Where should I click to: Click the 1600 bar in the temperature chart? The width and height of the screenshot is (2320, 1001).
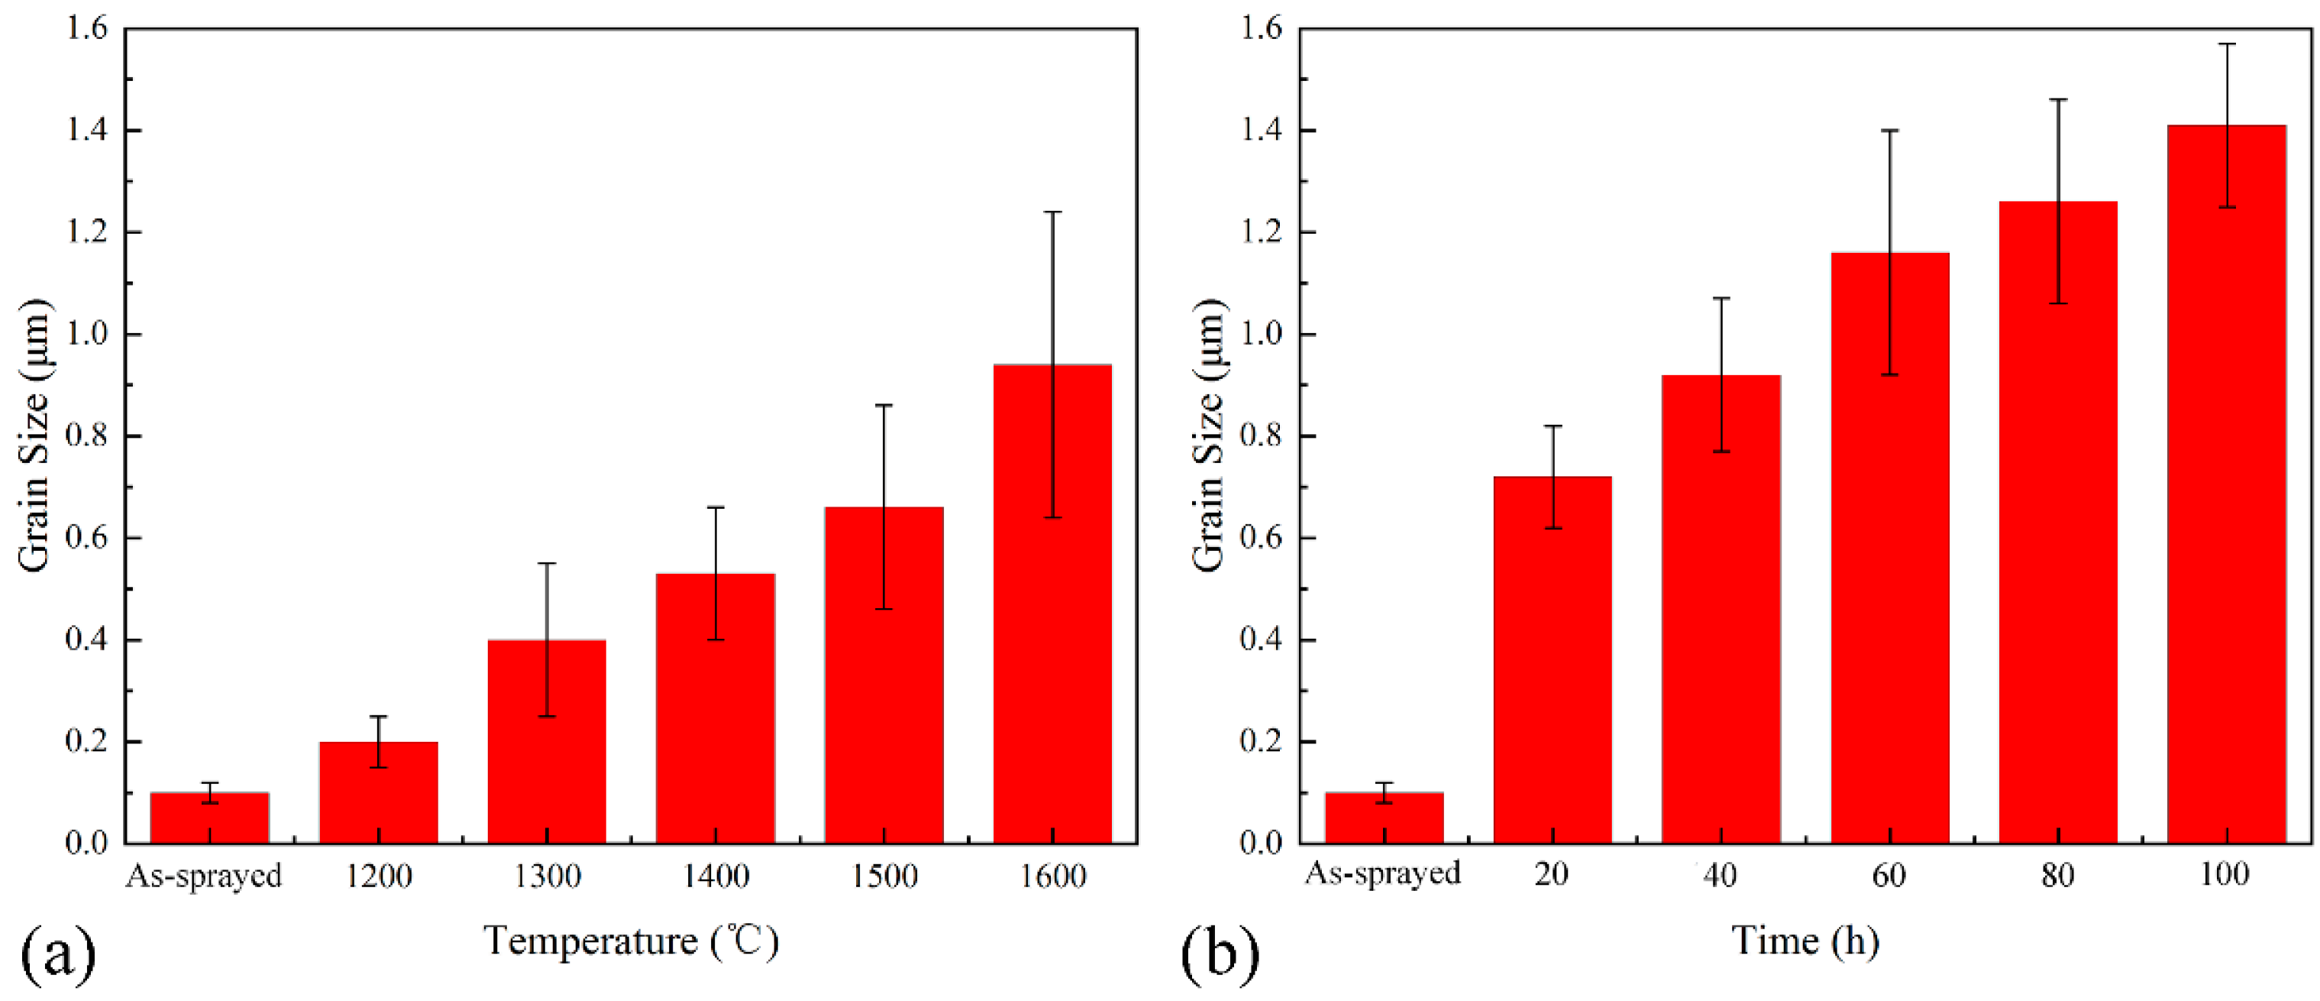tap(1052, 630)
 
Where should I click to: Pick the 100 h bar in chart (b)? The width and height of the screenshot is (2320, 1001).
tap(2226, 504)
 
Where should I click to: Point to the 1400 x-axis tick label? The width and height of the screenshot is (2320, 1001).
tap(716, 876)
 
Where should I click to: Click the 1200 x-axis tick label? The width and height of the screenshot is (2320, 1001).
tap(378, 876)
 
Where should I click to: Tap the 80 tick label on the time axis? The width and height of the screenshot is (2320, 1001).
tap(2058, 875)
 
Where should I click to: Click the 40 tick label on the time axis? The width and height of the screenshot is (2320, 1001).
tap(1721, 875)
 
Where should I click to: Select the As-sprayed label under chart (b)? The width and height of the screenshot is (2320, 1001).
tap(1382, 873)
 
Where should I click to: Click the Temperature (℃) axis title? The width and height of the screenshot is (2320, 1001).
tap(631, 941)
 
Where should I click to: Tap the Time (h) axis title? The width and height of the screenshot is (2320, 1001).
tap(1806, 941)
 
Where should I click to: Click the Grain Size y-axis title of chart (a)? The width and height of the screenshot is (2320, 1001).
tap(34, 436)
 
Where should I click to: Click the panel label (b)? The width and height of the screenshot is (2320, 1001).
tap(1220, 955)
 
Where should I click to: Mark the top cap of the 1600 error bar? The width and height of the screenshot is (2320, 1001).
tap(1052, 212)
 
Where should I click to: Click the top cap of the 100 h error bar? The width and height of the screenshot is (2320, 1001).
tap(2226, 44)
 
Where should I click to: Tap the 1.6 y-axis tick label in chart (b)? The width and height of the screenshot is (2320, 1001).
tap(1261, 29)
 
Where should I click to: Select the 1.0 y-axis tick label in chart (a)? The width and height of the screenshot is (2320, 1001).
tap(86, 334)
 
